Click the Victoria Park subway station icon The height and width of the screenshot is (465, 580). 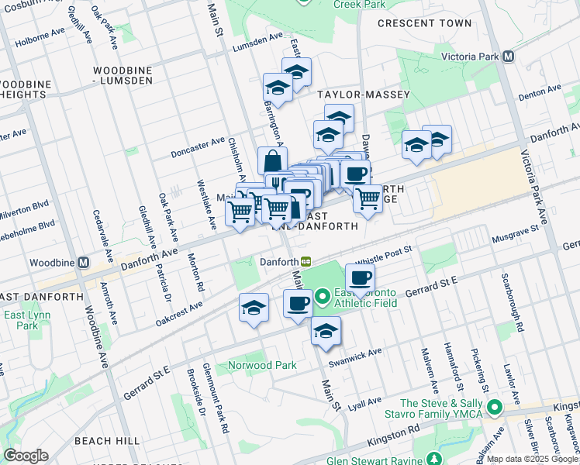(x=509, y=57)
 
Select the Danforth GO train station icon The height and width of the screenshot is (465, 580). (x=307, y=262)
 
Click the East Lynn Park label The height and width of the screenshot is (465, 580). (x=21, y=320)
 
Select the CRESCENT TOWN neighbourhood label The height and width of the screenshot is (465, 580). (x=424, y=23)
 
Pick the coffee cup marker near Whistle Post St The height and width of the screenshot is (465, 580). (x=360, y=278)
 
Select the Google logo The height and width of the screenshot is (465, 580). (x=26, y=455)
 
